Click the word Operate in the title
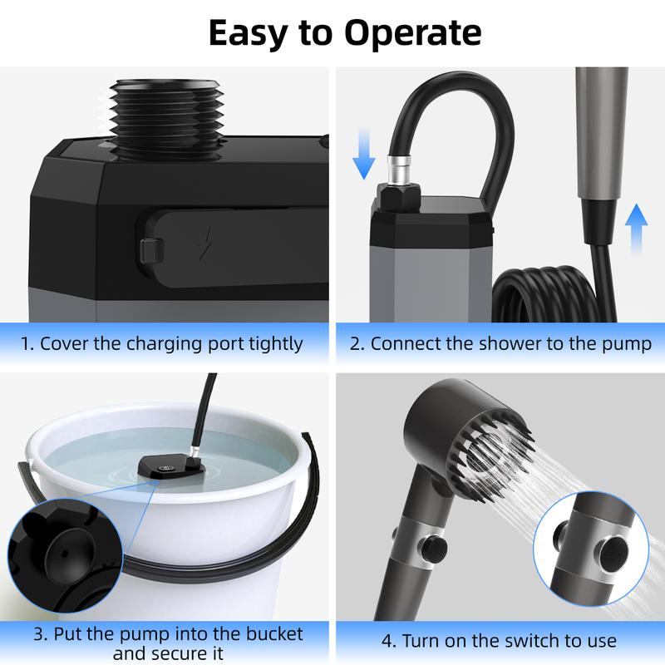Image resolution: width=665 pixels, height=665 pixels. pyautogui.click(x=412, y=33)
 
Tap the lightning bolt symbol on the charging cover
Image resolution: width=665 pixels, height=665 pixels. pyautogui.click(x=205, y=243)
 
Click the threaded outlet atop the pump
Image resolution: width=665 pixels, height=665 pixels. pyautogui.click(x=166, y=118)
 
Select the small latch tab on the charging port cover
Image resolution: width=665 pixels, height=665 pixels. pyautogui.click(x=151, y=250)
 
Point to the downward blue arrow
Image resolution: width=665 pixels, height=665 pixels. pyautogui.click(x=364, y=155)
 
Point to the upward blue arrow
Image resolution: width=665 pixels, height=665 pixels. pyautogui.click(x=636, y=229)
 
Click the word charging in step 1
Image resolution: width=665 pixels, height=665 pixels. pyautogui.click(x=165, y=344)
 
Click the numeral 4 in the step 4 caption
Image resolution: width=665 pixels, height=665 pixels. pyautogui.click(x=387, y=641)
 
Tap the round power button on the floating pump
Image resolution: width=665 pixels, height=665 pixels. pyautogui.click(x=165, y=468)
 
